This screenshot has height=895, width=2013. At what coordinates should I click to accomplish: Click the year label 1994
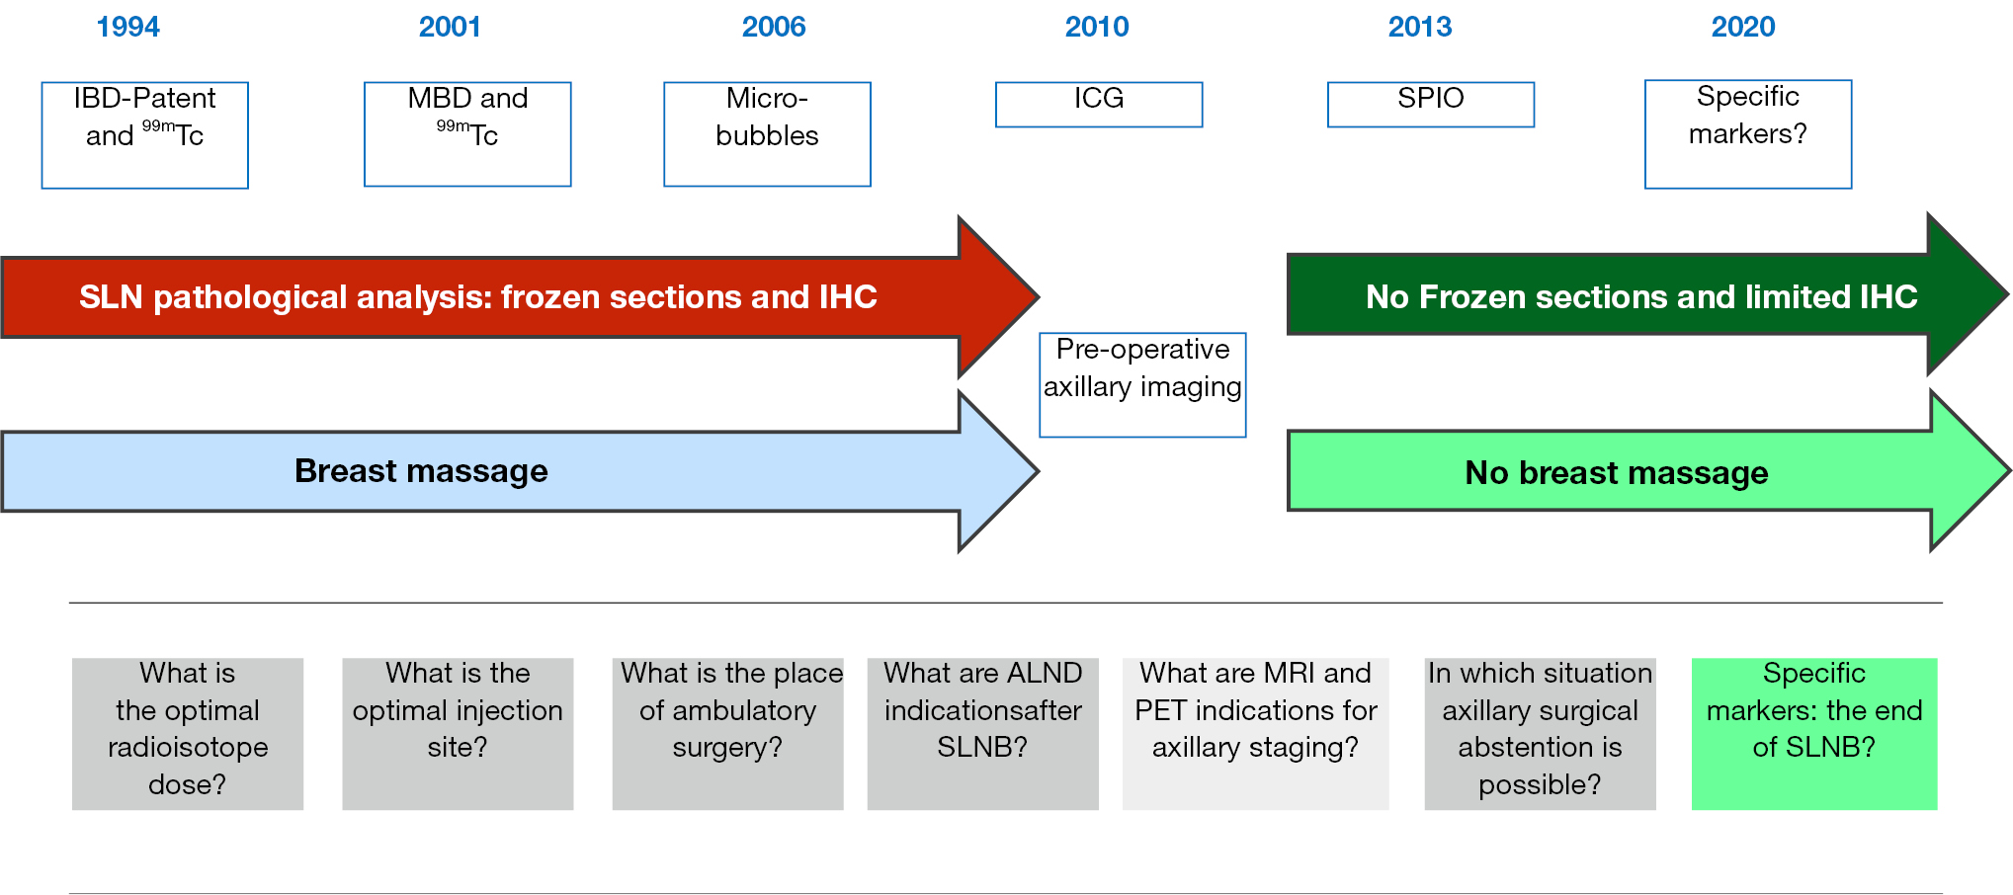(x=127, y=27)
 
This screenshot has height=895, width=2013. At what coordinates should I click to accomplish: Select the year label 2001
(x=450, y=27)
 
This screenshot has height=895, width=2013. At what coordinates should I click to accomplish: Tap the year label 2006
(x=774, y=27)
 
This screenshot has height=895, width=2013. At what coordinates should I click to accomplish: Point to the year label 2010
(x=1097, y=27)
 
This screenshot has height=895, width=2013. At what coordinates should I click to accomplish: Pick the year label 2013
(x=1420, y=27)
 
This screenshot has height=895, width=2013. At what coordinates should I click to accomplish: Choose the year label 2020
(x=1743, y=27)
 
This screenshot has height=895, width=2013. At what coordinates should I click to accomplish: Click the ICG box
(x=1099, y=105)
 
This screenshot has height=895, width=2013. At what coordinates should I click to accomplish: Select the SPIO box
(x=1431, y=105)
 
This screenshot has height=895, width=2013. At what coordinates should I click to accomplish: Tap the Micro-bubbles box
(x=767, y=134)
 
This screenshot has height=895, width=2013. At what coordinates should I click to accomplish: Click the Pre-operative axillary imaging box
(x=1142, y=385)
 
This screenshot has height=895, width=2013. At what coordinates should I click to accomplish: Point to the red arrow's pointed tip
(x=1038, y=296)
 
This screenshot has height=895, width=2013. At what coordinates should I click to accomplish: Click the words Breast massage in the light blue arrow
(x=421, y=471)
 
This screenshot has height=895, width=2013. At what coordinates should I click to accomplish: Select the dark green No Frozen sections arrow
(x=1647, y=294)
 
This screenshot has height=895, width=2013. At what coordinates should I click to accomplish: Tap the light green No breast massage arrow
(x=1647, y=471)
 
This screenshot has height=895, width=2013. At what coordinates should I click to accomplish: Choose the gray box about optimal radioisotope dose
(x=188, y=734)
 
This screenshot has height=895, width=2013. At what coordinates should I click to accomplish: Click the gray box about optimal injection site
(x=458, y=734)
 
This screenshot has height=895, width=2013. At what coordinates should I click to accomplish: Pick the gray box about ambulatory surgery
(x=728, y=734)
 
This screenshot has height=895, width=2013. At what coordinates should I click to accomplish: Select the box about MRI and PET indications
(x=1256, y=734)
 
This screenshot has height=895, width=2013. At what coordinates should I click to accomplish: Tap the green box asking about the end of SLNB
(x=1814, y=734)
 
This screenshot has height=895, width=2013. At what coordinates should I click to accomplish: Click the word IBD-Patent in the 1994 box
(x=144, y=98)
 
